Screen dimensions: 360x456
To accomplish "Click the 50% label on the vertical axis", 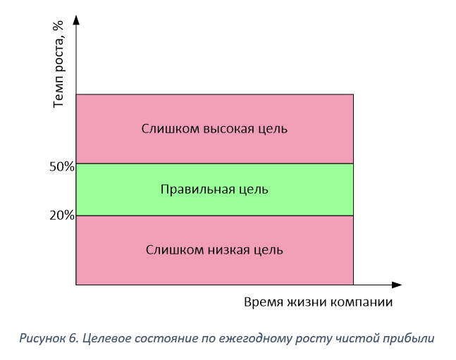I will (62, 167).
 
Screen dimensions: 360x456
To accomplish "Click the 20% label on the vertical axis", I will (62, 216).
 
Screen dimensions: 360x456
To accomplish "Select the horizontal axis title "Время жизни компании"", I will (318, 302).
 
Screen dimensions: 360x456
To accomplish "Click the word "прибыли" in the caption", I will (415, 338).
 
